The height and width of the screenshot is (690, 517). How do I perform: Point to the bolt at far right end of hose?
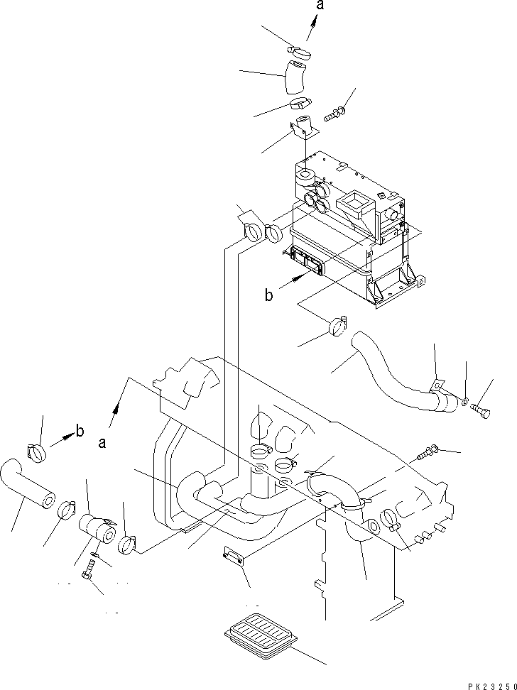coord(480,409)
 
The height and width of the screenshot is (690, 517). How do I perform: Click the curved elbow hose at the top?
coord(297,77)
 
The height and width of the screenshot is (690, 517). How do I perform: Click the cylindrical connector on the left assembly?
coord(97,529)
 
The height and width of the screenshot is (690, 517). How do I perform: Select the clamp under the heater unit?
coord(337,327)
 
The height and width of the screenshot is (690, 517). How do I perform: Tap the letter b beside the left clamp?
coord(80,431)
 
